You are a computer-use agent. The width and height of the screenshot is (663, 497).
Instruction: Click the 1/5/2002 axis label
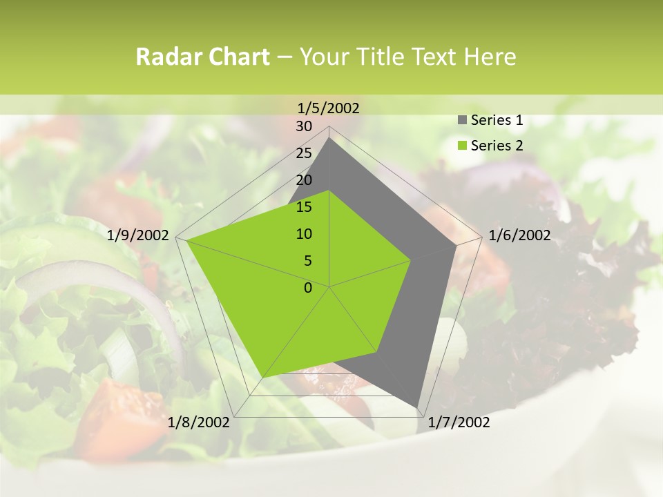329,108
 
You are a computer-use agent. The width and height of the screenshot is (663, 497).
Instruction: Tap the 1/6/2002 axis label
519,235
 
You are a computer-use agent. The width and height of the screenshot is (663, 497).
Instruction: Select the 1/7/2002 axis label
459,422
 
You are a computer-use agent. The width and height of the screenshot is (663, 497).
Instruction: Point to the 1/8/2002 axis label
199,422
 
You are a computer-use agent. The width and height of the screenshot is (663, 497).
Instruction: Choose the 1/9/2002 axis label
138,235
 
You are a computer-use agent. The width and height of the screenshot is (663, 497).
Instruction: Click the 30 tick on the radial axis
304,126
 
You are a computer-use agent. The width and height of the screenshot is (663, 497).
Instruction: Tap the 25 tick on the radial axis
304,153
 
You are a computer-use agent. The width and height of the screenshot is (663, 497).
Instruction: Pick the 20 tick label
304,180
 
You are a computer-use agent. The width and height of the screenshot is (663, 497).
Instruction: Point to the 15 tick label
304,207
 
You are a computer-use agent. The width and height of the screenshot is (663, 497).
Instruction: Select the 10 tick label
304,234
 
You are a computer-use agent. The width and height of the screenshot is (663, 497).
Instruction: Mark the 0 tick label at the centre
308,288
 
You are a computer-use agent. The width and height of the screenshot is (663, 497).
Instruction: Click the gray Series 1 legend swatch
462,120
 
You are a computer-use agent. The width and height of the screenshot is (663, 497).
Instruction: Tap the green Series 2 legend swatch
462,146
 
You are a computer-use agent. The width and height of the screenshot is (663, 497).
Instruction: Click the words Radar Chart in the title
202,57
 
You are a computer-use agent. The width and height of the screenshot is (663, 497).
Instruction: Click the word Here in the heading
490,57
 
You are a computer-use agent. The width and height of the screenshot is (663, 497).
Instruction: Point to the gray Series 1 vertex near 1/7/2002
417,406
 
